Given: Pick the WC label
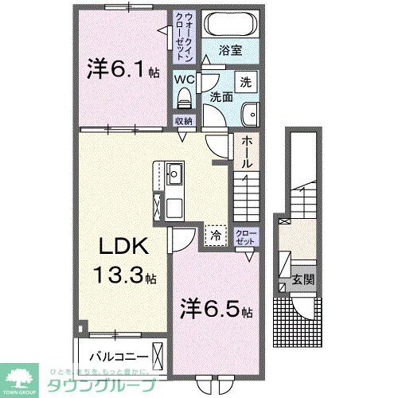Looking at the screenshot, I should point(184,80).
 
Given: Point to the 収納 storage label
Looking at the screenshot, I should point(184,122).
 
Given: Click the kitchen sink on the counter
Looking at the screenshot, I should point(175,174).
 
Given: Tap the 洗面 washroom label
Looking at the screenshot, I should point(221,97).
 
